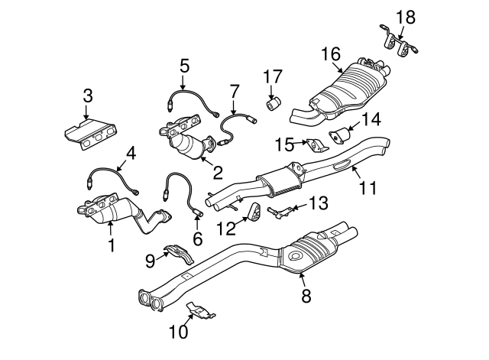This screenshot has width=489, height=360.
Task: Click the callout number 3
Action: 88,96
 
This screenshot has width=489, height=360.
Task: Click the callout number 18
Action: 405,15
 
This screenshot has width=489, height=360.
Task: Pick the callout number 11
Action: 368,186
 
